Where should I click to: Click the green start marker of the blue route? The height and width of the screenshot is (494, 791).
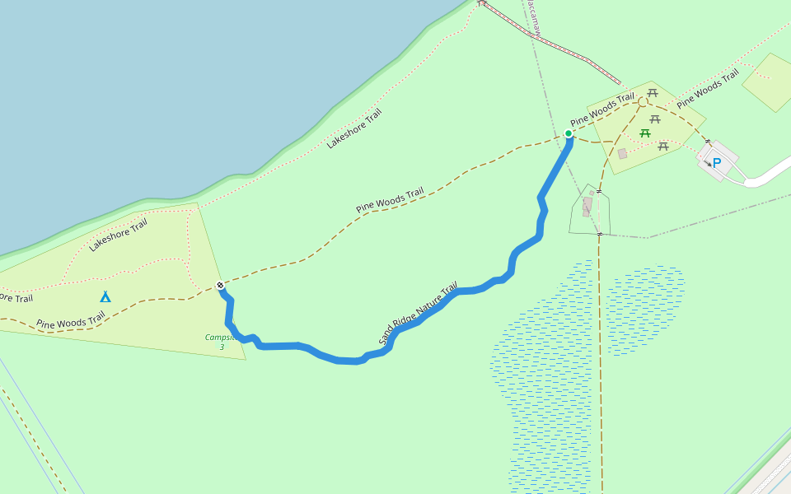[569, 133]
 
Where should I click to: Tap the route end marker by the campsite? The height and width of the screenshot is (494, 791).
[220, 286]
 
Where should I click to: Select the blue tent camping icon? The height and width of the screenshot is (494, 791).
[105, 296]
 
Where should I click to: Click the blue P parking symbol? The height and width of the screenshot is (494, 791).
[716, 163]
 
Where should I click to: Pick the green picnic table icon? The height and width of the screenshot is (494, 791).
[645, 133]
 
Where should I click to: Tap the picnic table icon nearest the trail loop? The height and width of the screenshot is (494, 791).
[653, 93]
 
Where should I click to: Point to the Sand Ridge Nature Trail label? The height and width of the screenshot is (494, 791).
[418, 314]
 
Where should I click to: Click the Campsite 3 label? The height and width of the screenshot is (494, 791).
[222, 342]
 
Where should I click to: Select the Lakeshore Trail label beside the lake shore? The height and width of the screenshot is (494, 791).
[354, 128]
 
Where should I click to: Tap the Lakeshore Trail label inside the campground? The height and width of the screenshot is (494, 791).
[118, 234]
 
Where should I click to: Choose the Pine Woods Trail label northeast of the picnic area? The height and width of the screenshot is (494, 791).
[707, 91]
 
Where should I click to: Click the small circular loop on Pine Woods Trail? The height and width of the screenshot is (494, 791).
[642, 102]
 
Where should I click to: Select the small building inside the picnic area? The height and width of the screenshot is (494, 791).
[623, 153]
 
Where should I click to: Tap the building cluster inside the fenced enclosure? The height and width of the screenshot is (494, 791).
[587, 206]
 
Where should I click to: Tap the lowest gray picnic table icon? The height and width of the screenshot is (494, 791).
[663, 147]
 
